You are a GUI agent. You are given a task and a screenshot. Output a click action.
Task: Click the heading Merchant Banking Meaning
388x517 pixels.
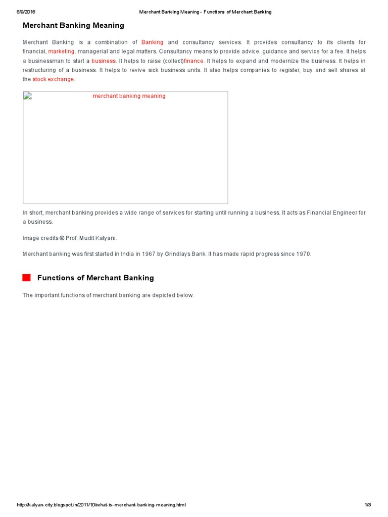pos(73,25)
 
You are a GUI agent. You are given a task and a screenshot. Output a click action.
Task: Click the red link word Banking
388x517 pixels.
pos(152,42)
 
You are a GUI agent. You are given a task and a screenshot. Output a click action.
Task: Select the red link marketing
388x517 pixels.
pos(61,51)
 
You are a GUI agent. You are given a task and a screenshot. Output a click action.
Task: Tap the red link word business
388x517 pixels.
pos(104,61)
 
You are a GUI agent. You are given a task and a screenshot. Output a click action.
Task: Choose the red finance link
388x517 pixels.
pos(193,61)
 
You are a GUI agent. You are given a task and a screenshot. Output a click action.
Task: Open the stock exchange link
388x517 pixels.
pos(53,79)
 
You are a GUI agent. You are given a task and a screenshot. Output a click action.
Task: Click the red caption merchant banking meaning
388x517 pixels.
pos(129,96)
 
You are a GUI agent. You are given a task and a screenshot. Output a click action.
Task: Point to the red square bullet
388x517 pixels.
pos(26,278)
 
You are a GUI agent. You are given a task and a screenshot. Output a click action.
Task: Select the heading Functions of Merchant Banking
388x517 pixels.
pos(95,278)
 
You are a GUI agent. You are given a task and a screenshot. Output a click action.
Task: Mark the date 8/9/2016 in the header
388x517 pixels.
pos(26,12)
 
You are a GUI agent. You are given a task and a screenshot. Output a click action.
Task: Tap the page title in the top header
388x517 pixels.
pos(205,12)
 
